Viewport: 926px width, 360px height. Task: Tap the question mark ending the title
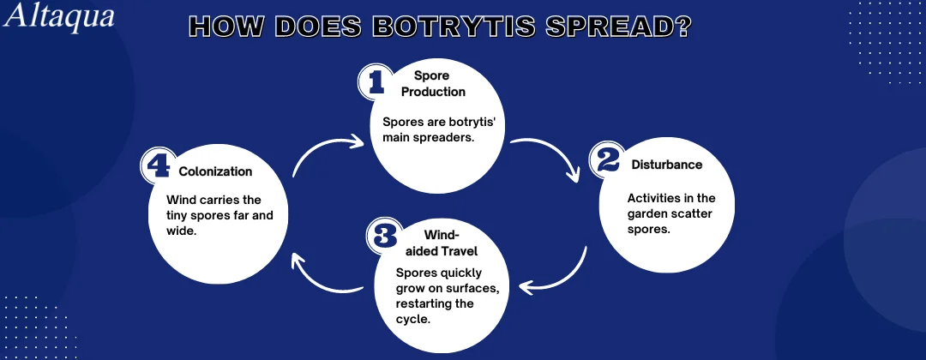pyautogui.click(x=682, y=27)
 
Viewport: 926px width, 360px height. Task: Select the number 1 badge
pyautogui.click(x=376, y=81)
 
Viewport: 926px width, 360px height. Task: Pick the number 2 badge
pyautogui.click(x=607, y=159)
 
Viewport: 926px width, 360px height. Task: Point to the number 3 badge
pyautogui.click(x=384, y=236)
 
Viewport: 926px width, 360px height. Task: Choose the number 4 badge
pyautogui.click(x=159, y=165)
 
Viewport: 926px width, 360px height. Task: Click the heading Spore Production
pyautogui.click(x=433, y=84)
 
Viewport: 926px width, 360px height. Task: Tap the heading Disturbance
pyautogui.click(x=667, y=165)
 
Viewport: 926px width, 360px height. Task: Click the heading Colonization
pyautogui.click(x=215, y=171)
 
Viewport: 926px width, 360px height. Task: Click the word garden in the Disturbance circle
pyautogui.click(x=647, y=213)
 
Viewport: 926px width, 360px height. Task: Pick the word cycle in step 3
pyautogui.click(x=412, y=319)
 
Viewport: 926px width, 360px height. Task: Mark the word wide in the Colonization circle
pyautogui.click(x=181, y=231)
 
